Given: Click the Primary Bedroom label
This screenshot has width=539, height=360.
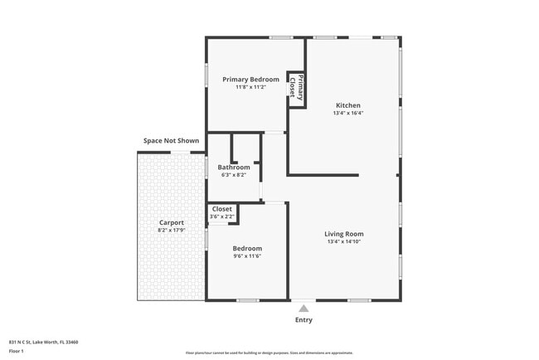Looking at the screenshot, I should (250, 80).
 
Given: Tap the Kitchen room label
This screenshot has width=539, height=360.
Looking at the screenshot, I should (347, 105).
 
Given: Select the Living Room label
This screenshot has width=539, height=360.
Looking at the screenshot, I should (343, 234).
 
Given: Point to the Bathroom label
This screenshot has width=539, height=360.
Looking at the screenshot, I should (234, 168).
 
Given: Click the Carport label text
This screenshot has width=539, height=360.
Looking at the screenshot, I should (172, 222).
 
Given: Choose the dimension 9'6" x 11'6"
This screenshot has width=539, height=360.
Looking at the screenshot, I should (247, 256).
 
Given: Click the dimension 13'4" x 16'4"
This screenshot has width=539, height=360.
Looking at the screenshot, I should (347, 114).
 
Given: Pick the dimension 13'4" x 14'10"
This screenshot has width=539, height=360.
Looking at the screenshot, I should (343, 242).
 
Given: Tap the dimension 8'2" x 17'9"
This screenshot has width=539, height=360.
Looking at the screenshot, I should (172, 230).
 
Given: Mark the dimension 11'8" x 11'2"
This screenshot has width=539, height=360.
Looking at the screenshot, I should (250, 87).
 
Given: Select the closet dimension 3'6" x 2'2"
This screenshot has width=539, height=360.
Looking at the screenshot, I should (222, 216).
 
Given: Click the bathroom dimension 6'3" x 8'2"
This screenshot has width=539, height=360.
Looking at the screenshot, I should (234, 175).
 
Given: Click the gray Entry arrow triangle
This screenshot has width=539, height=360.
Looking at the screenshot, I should (303, 309).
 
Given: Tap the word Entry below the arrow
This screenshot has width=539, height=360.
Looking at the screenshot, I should (303, 320).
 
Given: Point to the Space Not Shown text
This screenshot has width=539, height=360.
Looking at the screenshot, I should (171, 141).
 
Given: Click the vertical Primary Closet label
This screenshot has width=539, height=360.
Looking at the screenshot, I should (296, 86).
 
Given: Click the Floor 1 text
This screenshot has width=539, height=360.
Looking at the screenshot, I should (17, 351).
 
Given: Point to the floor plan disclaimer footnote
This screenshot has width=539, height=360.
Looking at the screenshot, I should (269, 353).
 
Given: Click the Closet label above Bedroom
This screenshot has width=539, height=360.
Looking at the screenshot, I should (222, 209).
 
